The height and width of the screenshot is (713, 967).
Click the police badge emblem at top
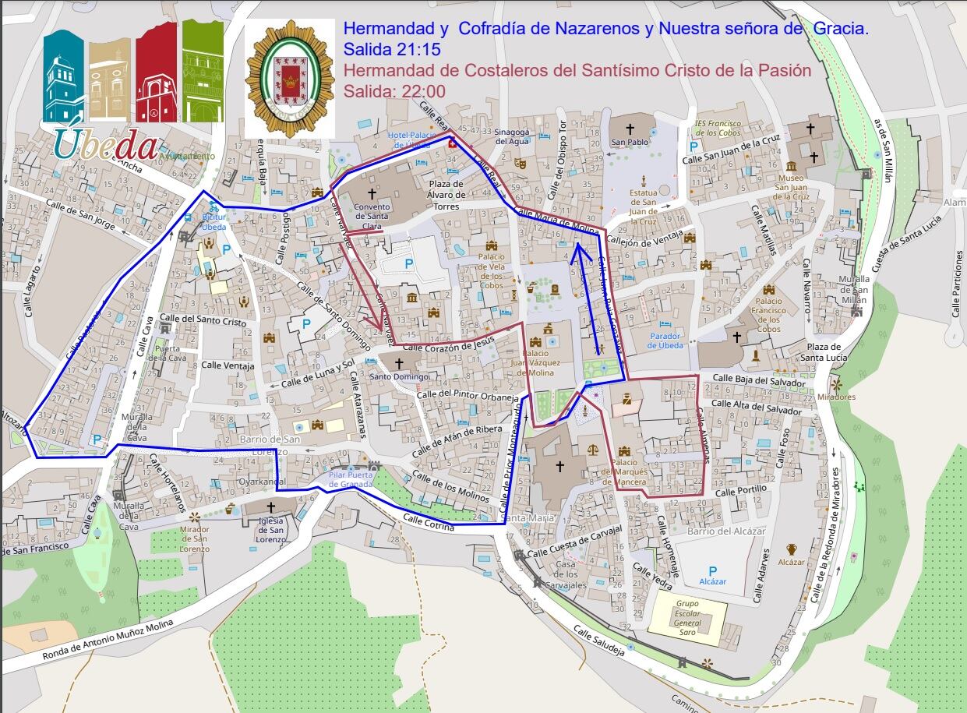click(290, 79)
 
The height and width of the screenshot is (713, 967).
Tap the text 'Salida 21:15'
click(392, 50)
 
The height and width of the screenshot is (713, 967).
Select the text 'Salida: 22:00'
click(394, 90)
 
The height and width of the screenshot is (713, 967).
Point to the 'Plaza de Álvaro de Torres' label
click(446, 195)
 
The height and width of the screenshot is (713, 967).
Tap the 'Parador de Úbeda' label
click(665, 341)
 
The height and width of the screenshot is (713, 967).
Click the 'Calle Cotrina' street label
click(429, 522)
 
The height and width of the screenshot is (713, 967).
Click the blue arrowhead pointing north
click(577, 250)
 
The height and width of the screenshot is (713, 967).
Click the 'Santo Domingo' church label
click(399, 376)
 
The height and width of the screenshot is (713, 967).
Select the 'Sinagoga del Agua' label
click(512, 136)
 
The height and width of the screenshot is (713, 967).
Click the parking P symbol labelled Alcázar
click(712, 570)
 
